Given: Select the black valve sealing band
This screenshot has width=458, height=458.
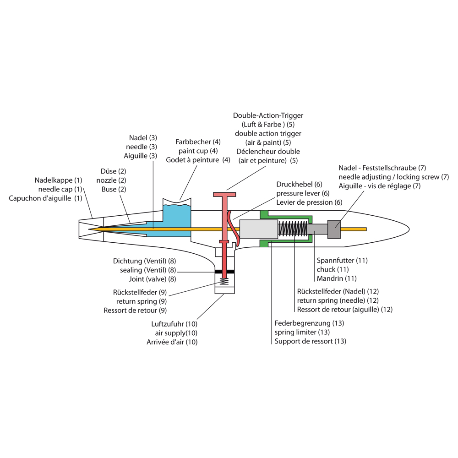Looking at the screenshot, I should click(224, 272).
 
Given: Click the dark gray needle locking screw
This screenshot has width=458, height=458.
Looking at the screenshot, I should click(334, 229).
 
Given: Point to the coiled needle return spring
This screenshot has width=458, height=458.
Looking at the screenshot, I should click(293, 229).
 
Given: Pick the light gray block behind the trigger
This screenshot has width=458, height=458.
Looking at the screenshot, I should click(258, 229).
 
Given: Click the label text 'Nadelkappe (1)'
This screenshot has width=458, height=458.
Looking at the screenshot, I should click(59, 180).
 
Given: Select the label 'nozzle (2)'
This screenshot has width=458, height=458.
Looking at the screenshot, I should click(111, 180).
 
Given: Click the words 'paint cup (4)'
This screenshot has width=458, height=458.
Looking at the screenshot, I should click(198, 151).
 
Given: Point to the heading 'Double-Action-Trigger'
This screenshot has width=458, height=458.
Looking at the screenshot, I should click(268, 115).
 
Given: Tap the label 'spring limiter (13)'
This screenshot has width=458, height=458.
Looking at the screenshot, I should click(302, 332).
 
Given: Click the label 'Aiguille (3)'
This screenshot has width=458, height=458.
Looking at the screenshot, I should click(141, 156).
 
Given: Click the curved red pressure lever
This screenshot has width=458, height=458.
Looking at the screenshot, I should click(236, 231).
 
